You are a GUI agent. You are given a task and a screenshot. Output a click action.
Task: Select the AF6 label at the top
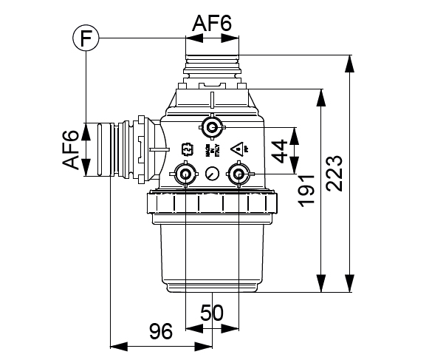[x=212, y=24]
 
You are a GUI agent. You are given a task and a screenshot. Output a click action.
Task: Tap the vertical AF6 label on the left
[x=70, y=149]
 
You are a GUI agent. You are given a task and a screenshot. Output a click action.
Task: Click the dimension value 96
[x=162, y=330]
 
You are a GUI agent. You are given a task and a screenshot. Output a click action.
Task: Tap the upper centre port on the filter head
[x=213, y=129]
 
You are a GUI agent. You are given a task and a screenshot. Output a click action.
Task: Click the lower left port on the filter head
[x=184, y=175]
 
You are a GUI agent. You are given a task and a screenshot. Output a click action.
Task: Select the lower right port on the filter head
[x=238, y=175]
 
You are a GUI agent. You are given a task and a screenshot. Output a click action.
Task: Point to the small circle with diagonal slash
[x=212, y=174]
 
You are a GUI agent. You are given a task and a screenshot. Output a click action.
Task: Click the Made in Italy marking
[x=210, y=150]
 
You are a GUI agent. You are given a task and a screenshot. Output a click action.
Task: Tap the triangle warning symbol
[x=238, y=148]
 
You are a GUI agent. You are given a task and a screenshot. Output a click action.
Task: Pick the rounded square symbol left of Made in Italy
[x=187, y=150]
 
